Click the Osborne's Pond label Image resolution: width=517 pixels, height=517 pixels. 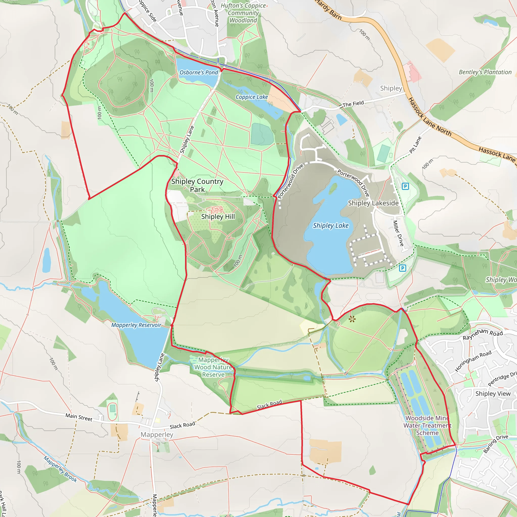tap(199, 72)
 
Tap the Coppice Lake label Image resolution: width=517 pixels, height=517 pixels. tap(251, 97)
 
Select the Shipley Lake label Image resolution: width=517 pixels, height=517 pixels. tap(331, 226)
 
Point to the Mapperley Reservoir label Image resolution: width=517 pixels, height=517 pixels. tap(136, 325)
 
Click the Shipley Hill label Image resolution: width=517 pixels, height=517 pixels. tap(218, 217)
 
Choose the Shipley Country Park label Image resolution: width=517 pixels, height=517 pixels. tap(197, 185)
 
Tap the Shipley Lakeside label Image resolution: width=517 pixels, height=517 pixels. tap(373, 203)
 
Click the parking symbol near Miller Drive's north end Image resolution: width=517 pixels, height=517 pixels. tap(405, 186)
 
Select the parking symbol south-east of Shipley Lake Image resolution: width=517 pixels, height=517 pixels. tap(402, 268)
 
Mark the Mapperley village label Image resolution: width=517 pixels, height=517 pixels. tap(157, 434)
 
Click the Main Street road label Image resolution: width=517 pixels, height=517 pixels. tap(79, 417)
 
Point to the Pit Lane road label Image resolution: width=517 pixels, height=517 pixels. tap(415, 145)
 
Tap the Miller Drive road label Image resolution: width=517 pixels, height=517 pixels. tap(398, 233)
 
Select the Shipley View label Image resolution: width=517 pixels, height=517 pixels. tap(493, 393)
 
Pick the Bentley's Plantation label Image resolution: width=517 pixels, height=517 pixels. tap(485, 72)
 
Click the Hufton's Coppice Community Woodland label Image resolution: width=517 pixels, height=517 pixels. tap(243, 13)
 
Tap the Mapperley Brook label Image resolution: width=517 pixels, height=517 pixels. tap(61, 469)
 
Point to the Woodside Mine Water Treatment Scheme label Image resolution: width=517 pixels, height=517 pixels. tap(427, 425)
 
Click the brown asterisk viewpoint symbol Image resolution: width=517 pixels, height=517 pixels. tap(352, 319)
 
